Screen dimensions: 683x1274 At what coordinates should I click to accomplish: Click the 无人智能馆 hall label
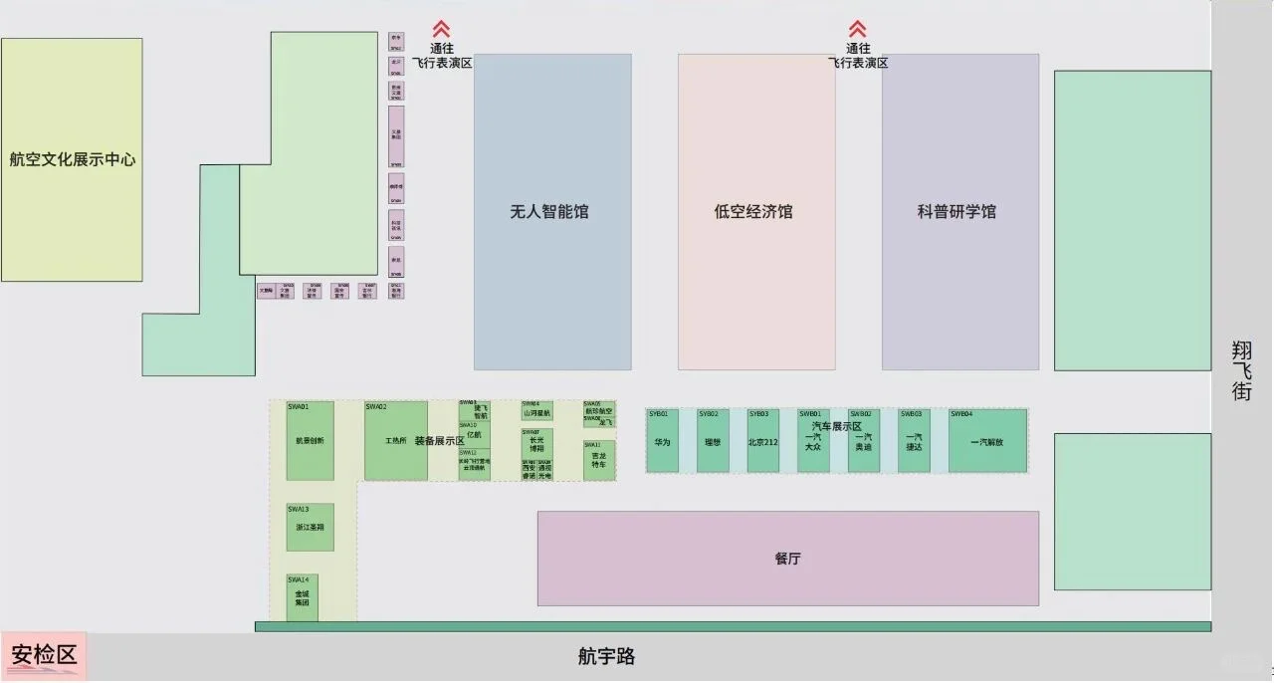548,212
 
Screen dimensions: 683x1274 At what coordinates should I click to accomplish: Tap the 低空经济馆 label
753,212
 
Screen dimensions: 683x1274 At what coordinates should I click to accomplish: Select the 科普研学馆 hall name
956,212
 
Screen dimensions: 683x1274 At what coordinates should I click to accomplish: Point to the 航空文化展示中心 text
72,159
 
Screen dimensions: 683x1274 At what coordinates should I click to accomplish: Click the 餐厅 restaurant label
787,559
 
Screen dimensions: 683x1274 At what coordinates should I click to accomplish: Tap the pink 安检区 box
44,655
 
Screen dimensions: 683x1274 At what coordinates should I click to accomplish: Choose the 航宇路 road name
606,657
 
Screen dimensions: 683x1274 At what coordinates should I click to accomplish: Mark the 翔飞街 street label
1241,370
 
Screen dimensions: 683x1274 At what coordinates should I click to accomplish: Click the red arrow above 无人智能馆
442,30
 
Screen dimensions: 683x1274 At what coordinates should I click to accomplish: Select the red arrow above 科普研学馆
857,30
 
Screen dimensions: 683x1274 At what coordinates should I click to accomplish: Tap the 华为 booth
662,441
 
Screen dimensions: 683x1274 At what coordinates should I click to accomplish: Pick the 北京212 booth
762,441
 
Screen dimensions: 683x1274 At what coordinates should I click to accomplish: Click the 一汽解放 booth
986,441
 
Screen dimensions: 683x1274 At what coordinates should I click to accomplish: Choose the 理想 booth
713,441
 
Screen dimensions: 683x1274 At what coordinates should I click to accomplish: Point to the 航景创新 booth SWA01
310,441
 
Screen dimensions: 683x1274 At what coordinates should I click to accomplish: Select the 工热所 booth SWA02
395,441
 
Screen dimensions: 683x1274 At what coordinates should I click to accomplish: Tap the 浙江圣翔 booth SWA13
310,529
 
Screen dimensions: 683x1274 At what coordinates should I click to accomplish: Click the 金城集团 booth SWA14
302,598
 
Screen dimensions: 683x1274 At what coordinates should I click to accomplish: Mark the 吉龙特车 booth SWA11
598,461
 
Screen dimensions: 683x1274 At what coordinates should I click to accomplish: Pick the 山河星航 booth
536,412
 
